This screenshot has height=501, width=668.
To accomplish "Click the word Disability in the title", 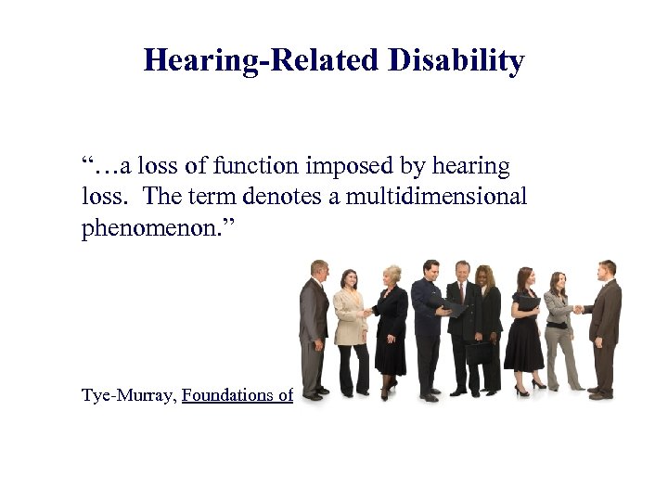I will tap(456, 61).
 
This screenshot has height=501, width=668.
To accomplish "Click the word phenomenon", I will tap(159, 228).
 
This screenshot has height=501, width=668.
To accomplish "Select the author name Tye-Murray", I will tap(128, 395).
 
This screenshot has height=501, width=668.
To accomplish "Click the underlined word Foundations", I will tap(227, 395).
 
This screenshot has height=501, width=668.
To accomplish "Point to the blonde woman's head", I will tap(392, 275).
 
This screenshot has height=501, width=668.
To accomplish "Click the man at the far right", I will tap(605, 325).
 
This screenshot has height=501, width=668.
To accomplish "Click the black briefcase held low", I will tap(478, 353).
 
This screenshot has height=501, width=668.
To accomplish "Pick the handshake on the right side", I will tap(580, 310).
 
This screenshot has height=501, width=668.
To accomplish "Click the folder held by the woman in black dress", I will tap(527, 302).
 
